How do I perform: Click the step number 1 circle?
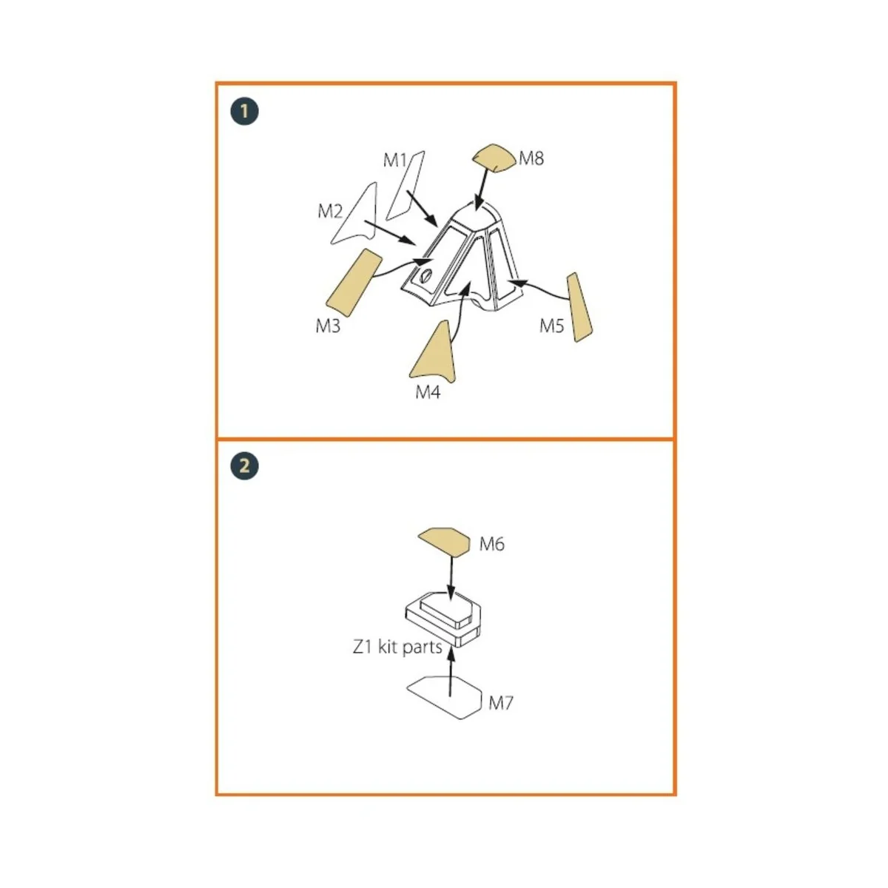pos(244,112)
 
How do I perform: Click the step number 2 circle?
pos(245,466)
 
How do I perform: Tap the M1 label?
pos(395,161)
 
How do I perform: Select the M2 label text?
pos(330,212)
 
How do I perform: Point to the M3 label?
pos(328,326)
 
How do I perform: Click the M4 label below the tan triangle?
pos(428,392)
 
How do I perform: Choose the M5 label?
pos(551,326)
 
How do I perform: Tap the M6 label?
pos(491,544)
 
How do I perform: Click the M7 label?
pos(500,703)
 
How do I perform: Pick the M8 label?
pos(531,158)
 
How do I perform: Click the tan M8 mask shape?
pos(493,158)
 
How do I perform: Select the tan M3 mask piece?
pos(354,283)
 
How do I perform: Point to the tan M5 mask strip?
pos(579,307)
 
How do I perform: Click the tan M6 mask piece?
pos(444,542)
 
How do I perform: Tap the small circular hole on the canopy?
pos(426,275)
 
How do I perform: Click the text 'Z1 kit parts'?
pos(397,647)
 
